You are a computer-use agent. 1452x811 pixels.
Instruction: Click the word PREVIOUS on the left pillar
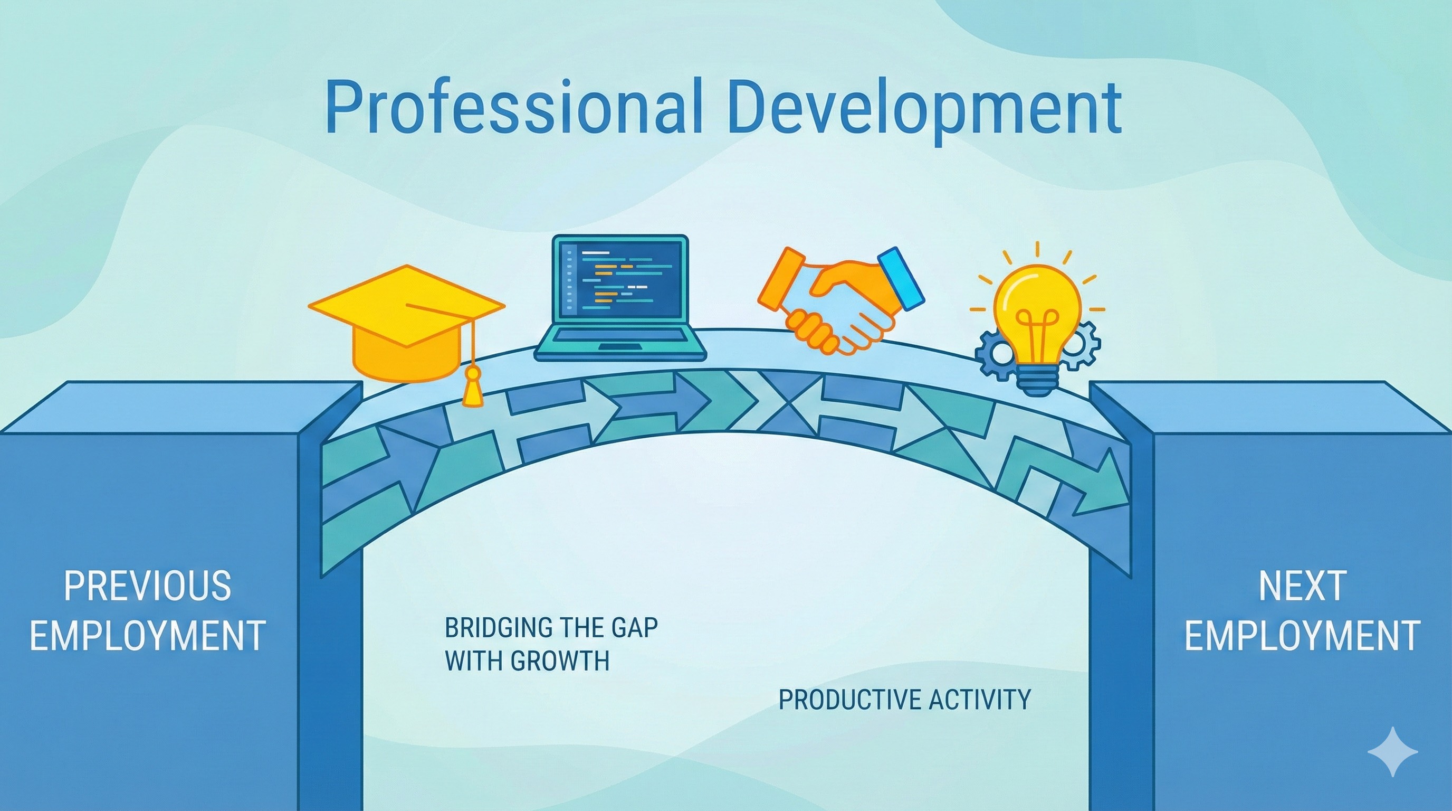click(x=148, y=586)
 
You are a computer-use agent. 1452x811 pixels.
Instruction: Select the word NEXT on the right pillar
click(x=1302, y=586)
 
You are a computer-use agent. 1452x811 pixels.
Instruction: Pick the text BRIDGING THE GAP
click(x=551, y=627)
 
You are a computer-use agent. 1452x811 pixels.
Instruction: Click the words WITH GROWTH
click(x=527, y=661)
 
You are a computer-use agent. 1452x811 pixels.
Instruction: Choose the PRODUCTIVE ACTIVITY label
click(x=904, y=700)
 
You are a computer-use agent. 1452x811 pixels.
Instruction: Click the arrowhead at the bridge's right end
click(x=1105, y=485)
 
